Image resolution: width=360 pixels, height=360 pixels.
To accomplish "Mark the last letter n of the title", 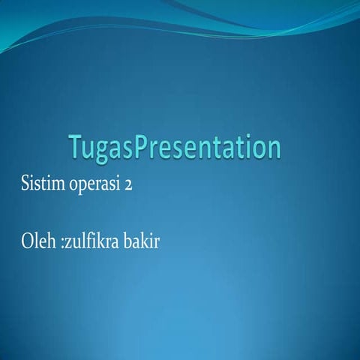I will coord(272,149).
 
